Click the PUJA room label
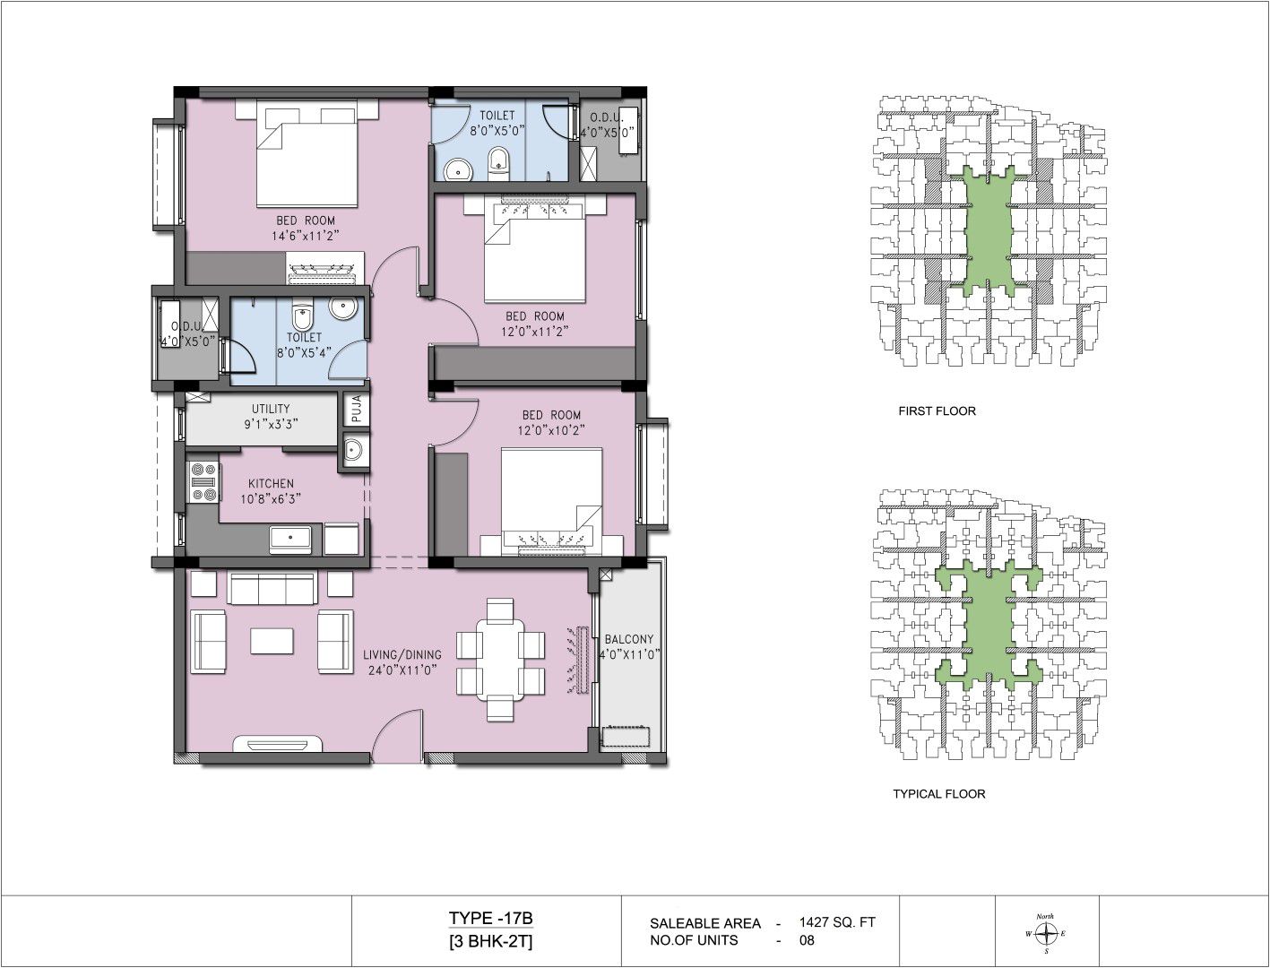point(357,408)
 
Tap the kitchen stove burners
point(203,481)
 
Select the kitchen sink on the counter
point(290,538)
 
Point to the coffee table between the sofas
point(272,642)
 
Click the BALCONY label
point(629,639)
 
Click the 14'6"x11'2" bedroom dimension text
point(305,235)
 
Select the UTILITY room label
point(271,409)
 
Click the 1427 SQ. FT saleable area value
point(837,921)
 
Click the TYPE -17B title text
point(490,918)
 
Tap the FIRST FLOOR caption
point(937,411)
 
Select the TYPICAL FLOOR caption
point(939,794)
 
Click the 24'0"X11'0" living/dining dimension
point(402,670)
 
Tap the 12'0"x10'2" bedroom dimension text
point(551,430)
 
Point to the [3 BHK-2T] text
point(490,942)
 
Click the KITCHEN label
point(271,483)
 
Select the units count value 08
point(808,940)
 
